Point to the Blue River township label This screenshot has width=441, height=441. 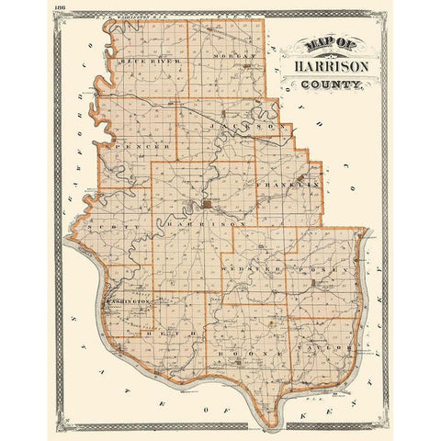[150, 62]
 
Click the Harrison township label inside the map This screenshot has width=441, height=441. [209, 223]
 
